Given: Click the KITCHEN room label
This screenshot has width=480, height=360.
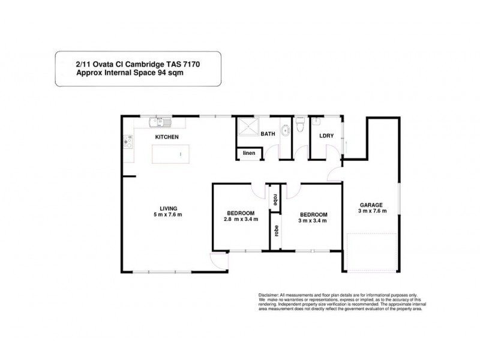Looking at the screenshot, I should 167,137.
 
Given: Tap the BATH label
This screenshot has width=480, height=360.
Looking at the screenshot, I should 267,134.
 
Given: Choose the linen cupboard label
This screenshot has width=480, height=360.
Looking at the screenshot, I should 249,154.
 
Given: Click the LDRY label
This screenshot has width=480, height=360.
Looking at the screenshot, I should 326,134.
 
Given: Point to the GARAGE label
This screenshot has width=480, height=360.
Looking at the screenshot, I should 372,204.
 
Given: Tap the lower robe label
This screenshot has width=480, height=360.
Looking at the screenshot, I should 275,232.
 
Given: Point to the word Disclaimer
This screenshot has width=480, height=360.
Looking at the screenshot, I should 269,296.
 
